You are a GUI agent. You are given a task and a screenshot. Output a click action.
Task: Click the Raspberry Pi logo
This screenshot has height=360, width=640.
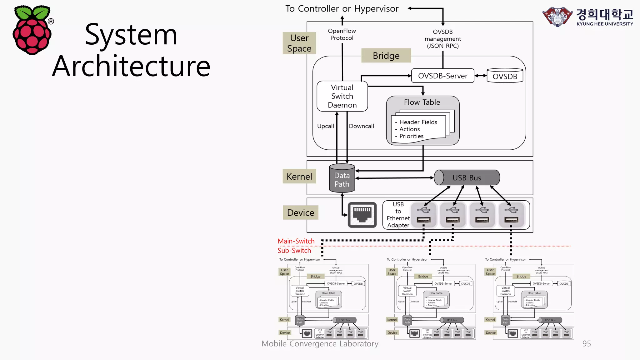pyautogui.click(x=32, y=30)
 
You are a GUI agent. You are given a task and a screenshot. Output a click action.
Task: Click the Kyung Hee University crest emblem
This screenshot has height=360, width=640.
pyautogui.click(x=557, y=17)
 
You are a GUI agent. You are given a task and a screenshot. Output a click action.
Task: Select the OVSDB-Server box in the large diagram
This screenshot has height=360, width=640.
pyautogui.click(x=442, y=76)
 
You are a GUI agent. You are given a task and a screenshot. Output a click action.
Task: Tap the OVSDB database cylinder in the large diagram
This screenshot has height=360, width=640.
pyautogui.click(x=505, y=76)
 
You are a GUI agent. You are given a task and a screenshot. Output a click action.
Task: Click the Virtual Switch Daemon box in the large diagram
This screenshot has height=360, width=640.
pyautogui.click(x=342, y=96)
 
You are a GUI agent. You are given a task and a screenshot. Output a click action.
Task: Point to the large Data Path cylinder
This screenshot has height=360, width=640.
pyautogui.click(x=342, y=179)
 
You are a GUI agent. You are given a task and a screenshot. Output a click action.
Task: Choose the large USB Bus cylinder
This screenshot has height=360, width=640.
pyautogui.click(x=467, y=178)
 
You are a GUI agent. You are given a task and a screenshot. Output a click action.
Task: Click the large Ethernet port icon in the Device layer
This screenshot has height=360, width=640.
pyautogui.click(x=362, y=215)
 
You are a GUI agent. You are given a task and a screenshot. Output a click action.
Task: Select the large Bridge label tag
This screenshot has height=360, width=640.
pyautogui.click(x=386, y=56)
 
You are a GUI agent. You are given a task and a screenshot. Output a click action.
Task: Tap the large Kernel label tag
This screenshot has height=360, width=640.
pyautogui.click(x=299, y=177)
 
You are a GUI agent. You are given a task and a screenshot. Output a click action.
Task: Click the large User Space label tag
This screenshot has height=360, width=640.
pyautogui.click(x=299, y=43)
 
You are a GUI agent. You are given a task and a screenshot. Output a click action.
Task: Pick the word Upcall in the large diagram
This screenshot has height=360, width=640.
pyautogui.click(x=325, y=126)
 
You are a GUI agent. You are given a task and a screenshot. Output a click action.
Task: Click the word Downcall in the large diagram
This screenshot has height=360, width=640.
pyautogui.click(x=361, y=126)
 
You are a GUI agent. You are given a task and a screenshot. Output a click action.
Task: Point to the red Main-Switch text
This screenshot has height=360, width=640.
pyautogui.click(x=296, y=241)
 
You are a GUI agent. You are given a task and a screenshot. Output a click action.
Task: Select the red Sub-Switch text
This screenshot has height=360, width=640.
pyautogui.click(x=294, y=251)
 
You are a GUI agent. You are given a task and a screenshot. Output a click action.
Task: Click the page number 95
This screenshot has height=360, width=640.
pyautogui.click(x=586, y=344)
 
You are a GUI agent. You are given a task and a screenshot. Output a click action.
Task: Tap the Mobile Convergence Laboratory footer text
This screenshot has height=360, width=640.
pyautogui.click(x=320, y=344)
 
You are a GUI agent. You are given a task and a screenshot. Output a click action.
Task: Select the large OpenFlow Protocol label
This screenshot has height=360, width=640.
pyautogui.click(x=342, y=34)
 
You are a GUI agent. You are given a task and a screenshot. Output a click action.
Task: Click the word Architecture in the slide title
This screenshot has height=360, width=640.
pyautogui.click(x=131, y=66)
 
